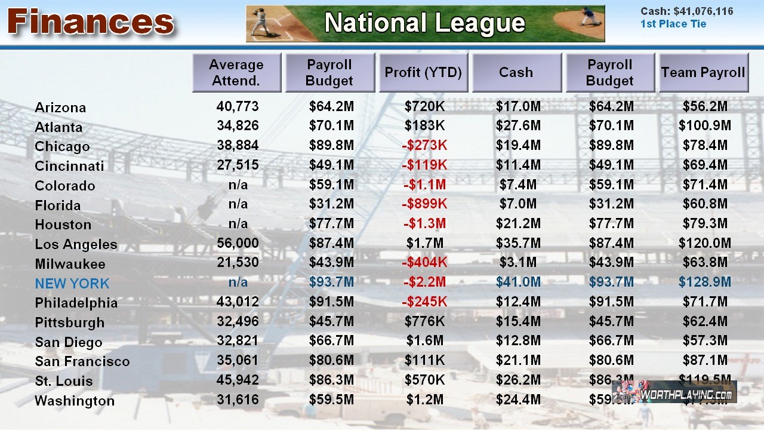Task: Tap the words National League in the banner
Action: pyautogui.click(x=424, y=23)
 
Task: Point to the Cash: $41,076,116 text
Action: pyautogui.click(x=686, y=11)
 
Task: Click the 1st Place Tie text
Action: pyautogui.click(x=673, y=24)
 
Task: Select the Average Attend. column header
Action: pyautogui.click(x=236, y=72)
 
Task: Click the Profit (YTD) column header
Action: pyautogui.click(x=423, y=72)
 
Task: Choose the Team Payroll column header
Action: pyautogui.click(x=703, y=72)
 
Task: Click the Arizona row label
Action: pyautogui.click(x=60, y=107)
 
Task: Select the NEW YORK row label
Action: pyautogui.click(x=72, y=283)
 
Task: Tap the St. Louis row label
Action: pyautogui.click(x=64, y=381)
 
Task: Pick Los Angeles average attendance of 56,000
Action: pyautogui.click(x=238, y=243)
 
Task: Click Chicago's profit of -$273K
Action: pyautogui.click(x=424, y=145)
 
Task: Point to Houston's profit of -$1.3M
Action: pyautogui.click(x=424, y=223)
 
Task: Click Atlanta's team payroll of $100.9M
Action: pyautogui.click(x=705, y=126)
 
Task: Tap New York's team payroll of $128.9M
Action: pyautogui.click(x=705, y=282)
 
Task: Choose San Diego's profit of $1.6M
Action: pyautogui.click(x=424, y=340)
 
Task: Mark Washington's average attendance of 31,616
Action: pyautogui.click(x=238, y=400)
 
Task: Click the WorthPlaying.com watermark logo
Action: pyautogui.click(x=674, y=392)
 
